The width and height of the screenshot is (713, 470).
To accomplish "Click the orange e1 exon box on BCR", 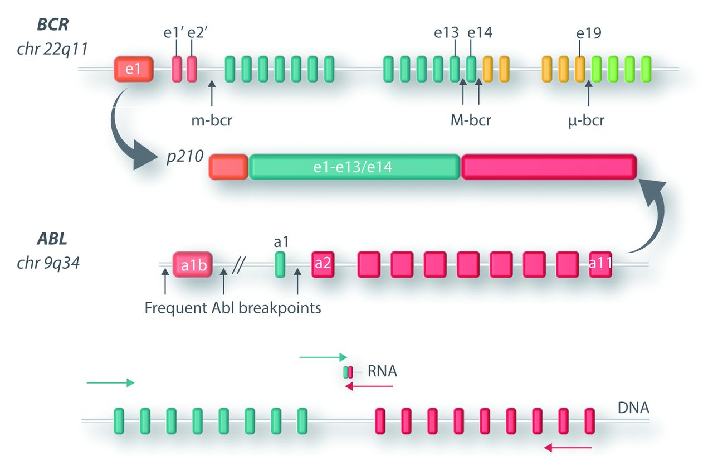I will pyautogui.click(x=133, y=70).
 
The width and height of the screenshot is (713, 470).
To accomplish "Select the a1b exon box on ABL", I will pyautogui.click(x=193, y=264).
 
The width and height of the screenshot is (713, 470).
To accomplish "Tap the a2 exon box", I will pyautogui.click(x=323, y=264).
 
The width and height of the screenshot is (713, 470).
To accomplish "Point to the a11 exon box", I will pyautogui.click(x=600, y=264).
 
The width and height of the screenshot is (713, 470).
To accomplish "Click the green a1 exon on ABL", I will pyautogui.click(x=280, y=264).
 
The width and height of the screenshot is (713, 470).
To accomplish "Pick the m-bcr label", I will pyautogui.click(x=211, y=120).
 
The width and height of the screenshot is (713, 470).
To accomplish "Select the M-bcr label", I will pyautogui.click(x=471, y=120).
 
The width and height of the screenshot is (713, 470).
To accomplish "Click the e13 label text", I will pyautogui.click(x=447, y=33).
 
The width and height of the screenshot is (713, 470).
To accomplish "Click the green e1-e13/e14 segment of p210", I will pyautogui.click(x=355, y=167).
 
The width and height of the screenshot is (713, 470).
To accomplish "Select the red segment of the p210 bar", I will pyautogui.click(x=549, y=167).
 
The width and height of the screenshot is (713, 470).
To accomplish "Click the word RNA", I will pyautogui.click(x=382, y=371).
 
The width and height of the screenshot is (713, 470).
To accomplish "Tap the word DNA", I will pyautogui.click(x=633, y=409).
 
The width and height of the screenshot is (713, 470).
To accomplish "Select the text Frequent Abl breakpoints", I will pyautogui.click(x=233, y=307).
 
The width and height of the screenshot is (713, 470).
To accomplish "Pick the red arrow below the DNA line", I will pyautogui.click(x=568, y=447).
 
